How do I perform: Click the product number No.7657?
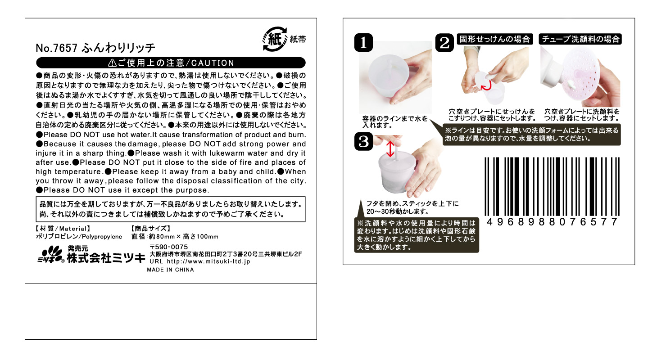56,48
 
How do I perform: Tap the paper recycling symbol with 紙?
275,39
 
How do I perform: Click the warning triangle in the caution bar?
112,63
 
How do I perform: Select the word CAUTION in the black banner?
213,63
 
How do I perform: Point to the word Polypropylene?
102,237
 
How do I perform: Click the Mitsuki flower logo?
50,254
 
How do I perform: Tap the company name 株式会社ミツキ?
106,258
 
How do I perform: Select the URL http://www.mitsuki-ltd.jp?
208,261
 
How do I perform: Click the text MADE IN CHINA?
170,270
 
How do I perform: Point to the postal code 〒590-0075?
169,247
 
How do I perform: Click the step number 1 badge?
363,43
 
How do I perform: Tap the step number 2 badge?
444,43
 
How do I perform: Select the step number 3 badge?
363,141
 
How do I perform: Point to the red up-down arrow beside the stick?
390,149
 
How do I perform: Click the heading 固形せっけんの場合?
495,39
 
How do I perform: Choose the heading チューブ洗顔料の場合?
580,39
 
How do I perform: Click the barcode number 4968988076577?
552,222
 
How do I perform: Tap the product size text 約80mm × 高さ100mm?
184,237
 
